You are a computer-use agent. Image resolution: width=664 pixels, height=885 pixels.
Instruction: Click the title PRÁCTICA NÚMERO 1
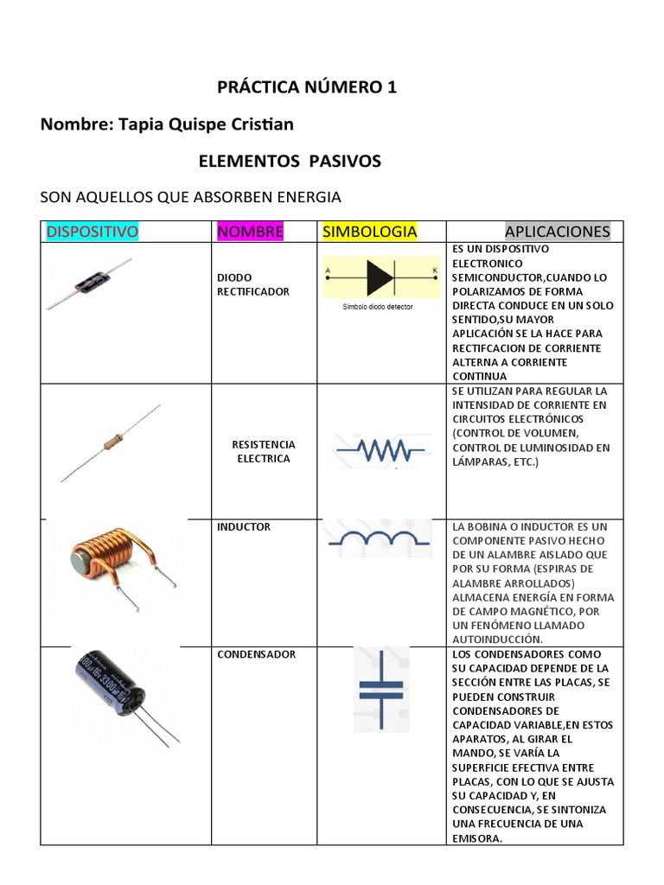(306, 87)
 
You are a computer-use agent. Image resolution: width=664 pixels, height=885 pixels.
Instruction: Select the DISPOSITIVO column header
(93, 232)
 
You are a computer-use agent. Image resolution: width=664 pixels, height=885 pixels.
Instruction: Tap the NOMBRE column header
(250, 232)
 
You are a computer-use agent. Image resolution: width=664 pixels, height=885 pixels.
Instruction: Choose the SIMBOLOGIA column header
(369, 232)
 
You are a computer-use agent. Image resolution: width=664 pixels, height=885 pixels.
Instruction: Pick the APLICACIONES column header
(557, 232)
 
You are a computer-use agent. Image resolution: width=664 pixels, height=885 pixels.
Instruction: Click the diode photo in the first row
(89, 283)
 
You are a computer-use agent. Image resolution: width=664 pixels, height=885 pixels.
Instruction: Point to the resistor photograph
(111, 442)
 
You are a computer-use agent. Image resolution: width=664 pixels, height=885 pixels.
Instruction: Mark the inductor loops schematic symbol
(379, 538)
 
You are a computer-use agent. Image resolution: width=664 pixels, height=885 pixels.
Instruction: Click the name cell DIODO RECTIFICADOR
(252, 284)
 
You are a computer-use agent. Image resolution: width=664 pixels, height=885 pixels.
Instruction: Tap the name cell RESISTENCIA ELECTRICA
(263, 451)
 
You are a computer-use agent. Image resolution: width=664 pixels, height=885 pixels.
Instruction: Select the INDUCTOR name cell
(244, 526)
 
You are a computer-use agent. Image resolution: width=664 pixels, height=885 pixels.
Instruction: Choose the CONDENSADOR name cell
(256, 654)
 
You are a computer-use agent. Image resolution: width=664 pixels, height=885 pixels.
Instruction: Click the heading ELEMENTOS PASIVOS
(289, 162)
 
